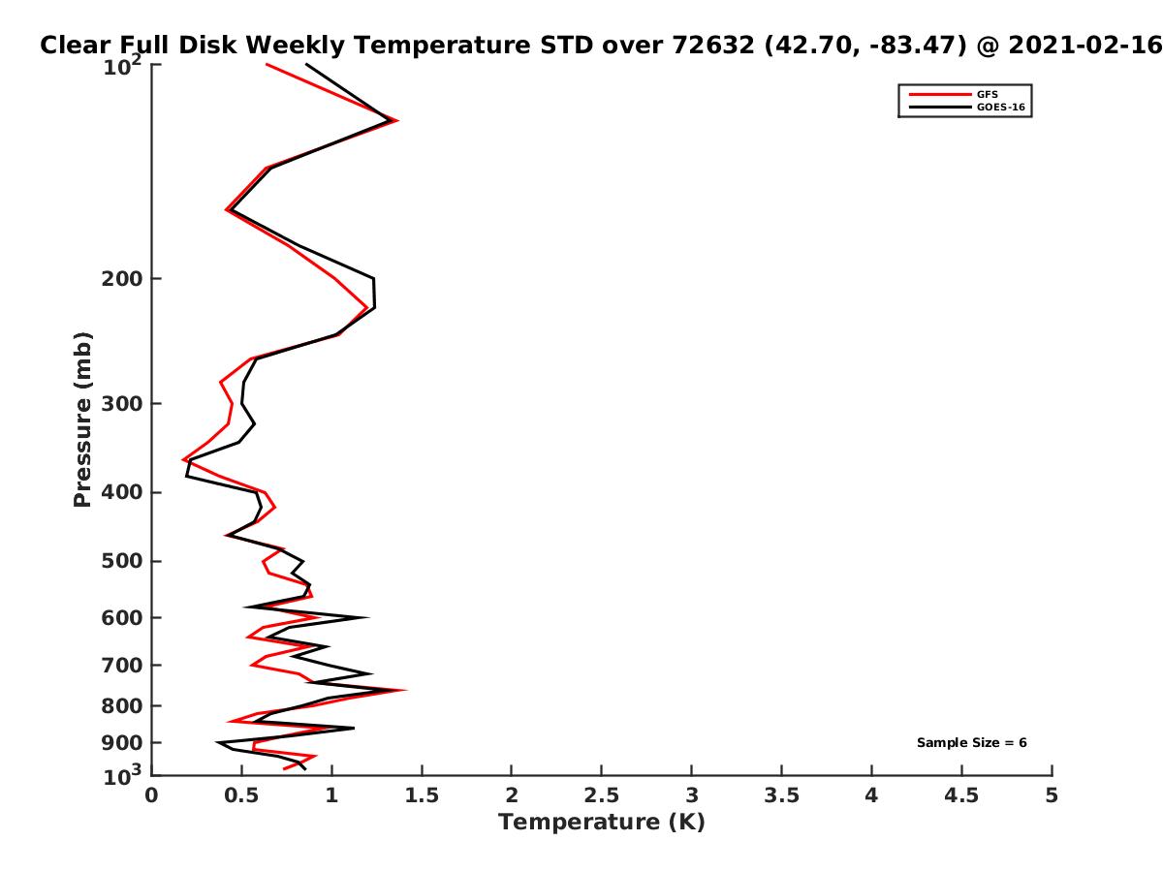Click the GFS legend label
(x=987, y=94)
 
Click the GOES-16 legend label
(x=1000, y=107)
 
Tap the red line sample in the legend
(x=939, y=94)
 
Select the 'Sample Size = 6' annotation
(x=971, y=742)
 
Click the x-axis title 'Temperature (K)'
(x=602, y=822)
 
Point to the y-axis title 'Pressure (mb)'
(x=82, y=420)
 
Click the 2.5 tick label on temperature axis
(x=602, y=795)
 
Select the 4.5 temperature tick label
(x=961, y=795)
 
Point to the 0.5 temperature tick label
(x=241, y=795)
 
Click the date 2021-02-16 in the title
(x=1084, y=45)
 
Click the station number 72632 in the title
(x=713, y=45)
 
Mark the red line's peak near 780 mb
(x=405, y=690)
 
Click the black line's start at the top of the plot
(x=306, y=65)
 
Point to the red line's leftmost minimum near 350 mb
(x=183, y=459)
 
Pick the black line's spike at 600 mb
(x=367, y=617)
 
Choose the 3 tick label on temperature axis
(x=691, y=795)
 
